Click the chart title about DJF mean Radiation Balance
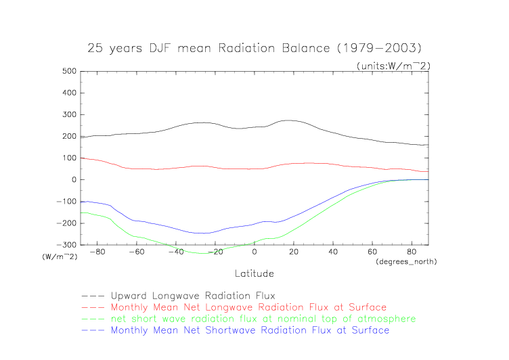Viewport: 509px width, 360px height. pos(255,49)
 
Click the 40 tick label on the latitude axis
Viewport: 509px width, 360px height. pos(333,252)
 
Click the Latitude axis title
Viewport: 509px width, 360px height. pos(255,273)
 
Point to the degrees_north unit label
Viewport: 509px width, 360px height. pos(406,261)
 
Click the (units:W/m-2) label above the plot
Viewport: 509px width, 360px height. pos(393,65)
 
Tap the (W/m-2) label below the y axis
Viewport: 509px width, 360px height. pos(60,256)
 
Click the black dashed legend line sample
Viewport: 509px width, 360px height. pos(93,296)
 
